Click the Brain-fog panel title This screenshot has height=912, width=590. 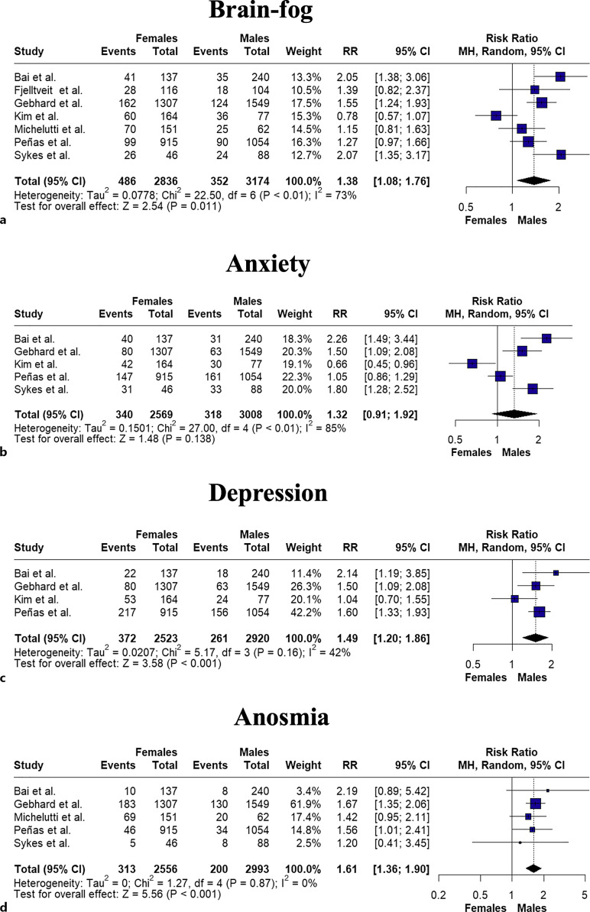295,14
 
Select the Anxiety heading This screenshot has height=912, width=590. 295,262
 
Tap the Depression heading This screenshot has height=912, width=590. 295,493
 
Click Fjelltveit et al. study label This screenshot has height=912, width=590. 50,90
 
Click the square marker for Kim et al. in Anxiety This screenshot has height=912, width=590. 472,364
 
